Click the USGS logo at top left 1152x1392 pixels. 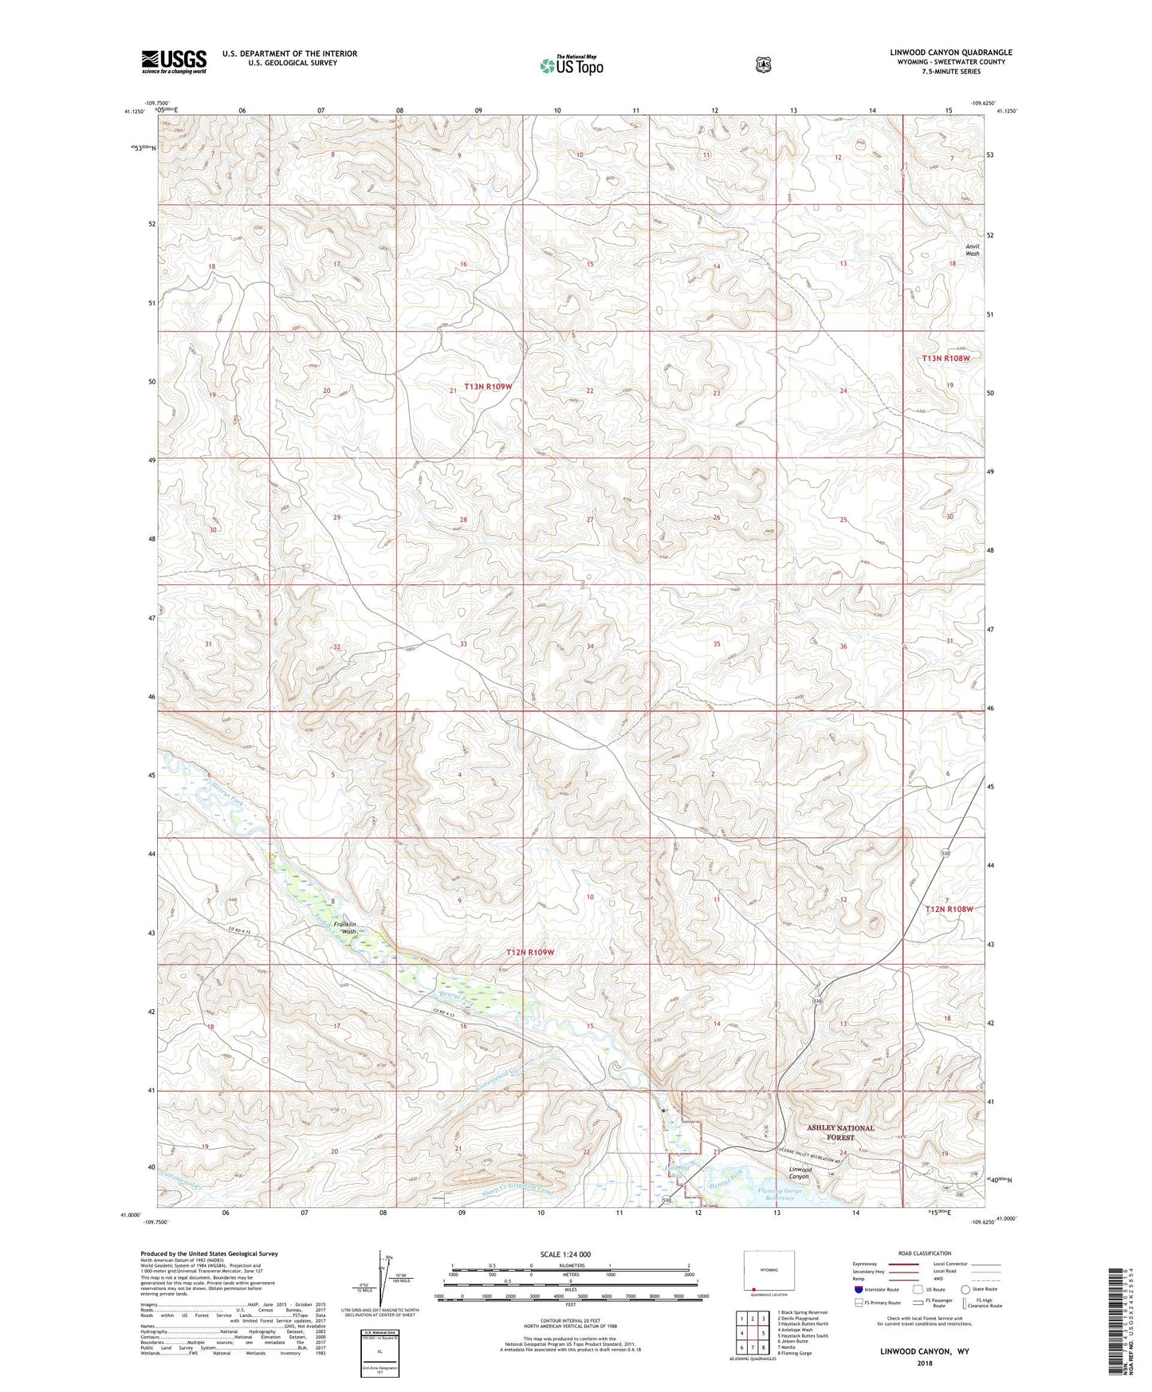pos(174,61)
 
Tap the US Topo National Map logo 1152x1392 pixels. pos(571,65)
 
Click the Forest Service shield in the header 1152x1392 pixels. pos(764,64)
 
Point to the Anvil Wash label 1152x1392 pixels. pos(972,250)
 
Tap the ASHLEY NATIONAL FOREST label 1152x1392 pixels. pos(840,1132)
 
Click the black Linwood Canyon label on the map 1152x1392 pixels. pos(794,1173)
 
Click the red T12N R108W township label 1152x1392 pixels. pos(950,909)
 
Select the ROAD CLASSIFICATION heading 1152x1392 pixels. pos(924,1253)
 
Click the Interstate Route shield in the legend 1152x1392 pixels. pos(858,1289)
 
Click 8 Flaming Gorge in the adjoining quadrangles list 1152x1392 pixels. pos(796,1353)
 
